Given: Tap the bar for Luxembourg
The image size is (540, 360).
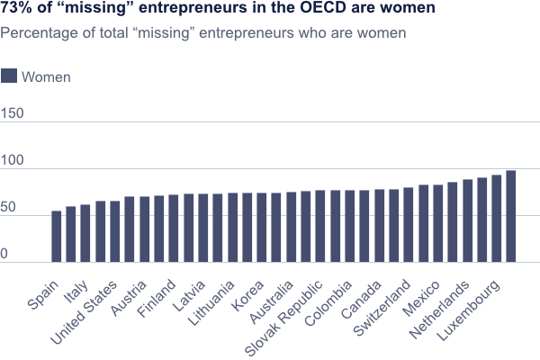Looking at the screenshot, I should click(x=510, y=216).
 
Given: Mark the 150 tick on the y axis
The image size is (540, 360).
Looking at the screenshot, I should click(x=12, y=114).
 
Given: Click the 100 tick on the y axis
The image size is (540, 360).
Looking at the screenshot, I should click(x=12, y=162).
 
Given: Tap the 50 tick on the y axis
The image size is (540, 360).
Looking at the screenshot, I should click(x=9, y=209).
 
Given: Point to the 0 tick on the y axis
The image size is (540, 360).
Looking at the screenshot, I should click(x=4, y=256).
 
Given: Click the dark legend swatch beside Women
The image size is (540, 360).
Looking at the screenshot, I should click(x=9, y=76).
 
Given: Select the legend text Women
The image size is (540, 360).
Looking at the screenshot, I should click(x=45, y=77).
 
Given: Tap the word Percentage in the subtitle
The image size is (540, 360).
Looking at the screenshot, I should click(x=37, y=33).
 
